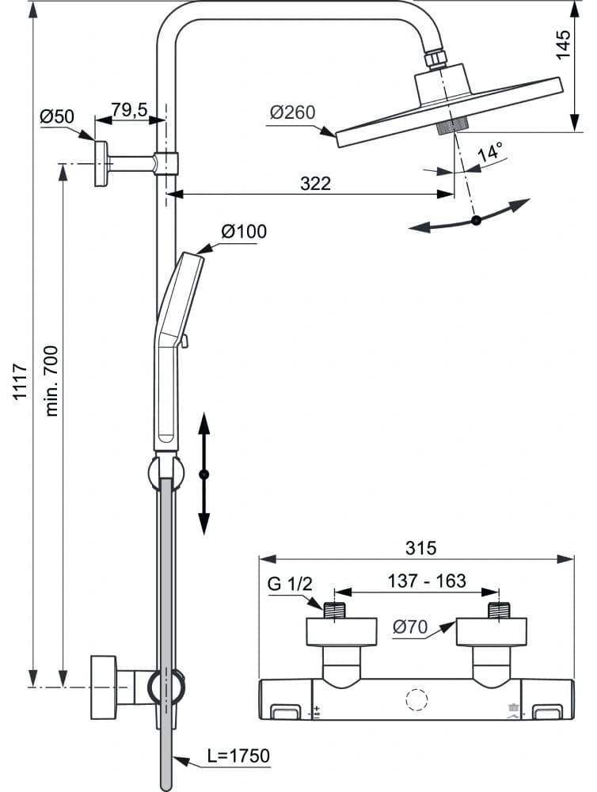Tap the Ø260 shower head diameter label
pyautogui.click(x=292, y=112)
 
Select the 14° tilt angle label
pyautogui.click(x=490, y=151)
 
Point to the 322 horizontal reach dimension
pyautogui.click(x=316, y=184)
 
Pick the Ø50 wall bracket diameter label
pyautogui.click(x=56, y=116)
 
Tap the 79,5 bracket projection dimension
pyautogui.click(x=129, y=109)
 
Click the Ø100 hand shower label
pyautogui.click(x=244, y=231)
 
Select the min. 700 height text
pyautogui.click(x=51, y=381)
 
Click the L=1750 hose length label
pyautogui.click(x=239, y=756)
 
